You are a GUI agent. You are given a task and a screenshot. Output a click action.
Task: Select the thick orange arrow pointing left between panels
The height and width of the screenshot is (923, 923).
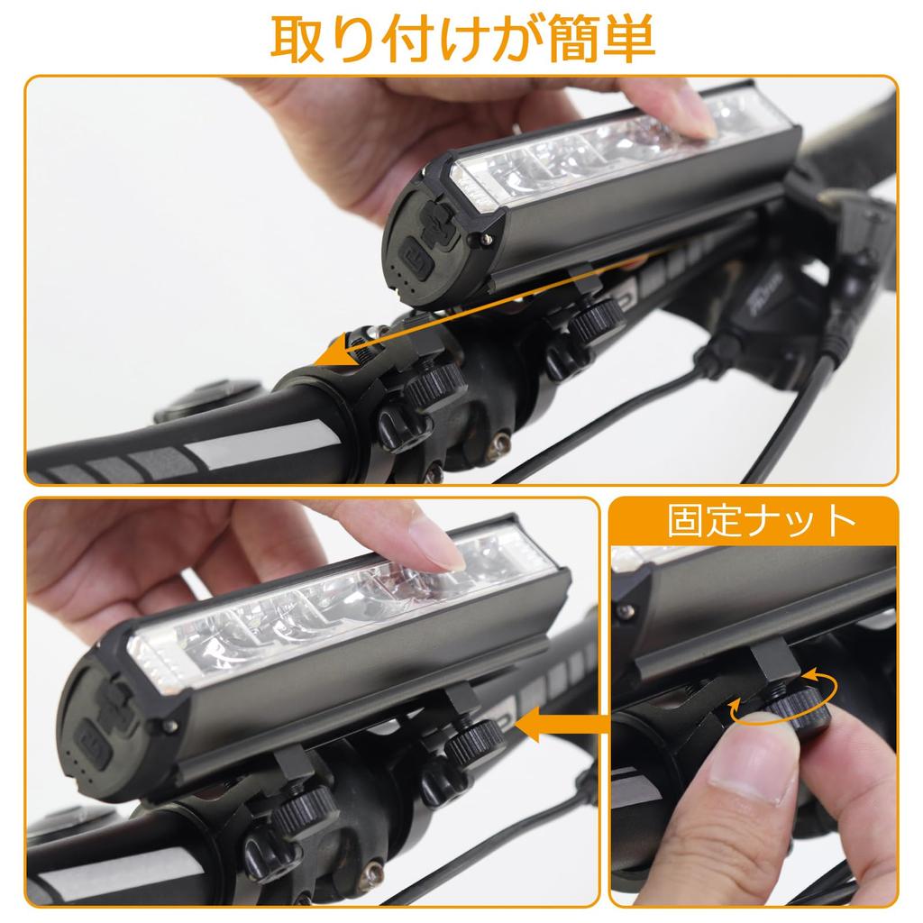pyautogui.click(x=563, y=723)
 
